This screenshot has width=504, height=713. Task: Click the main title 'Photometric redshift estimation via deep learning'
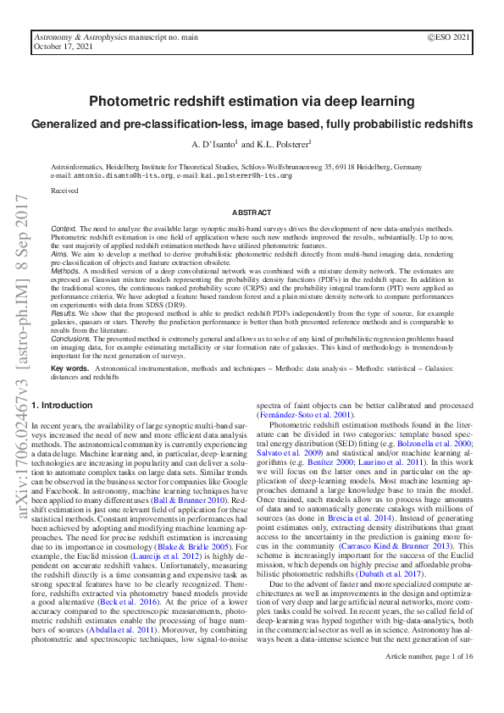252,102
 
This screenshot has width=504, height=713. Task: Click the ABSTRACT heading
252,213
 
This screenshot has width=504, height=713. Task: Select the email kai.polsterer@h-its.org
246,175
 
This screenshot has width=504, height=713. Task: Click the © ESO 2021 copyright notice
450,38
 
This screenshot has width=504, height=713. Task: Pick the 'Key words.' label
70,369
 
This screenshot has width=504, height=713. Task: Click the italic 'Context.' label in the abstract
64,229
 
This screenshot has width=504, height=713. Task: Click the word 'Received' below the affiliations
64,191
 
